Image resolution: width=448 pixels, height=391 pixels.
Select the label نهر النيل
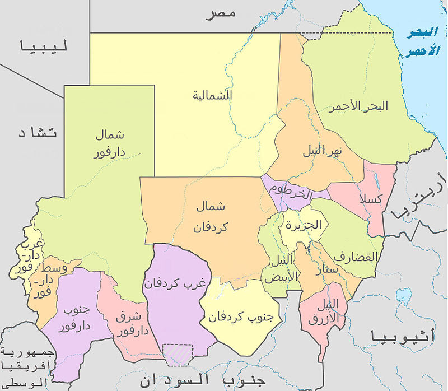[328, 151]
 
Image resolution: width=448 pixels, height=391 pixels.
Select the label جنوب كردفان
[240, 316]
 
